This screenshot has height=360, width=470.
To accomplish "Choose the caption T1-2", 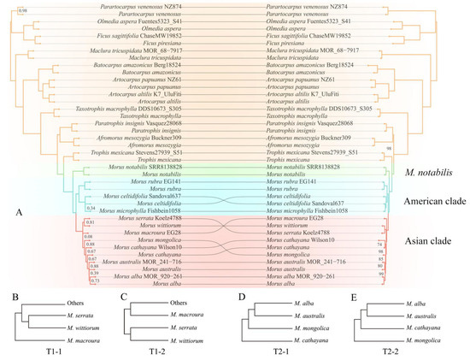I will click(x=158, y=350).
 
